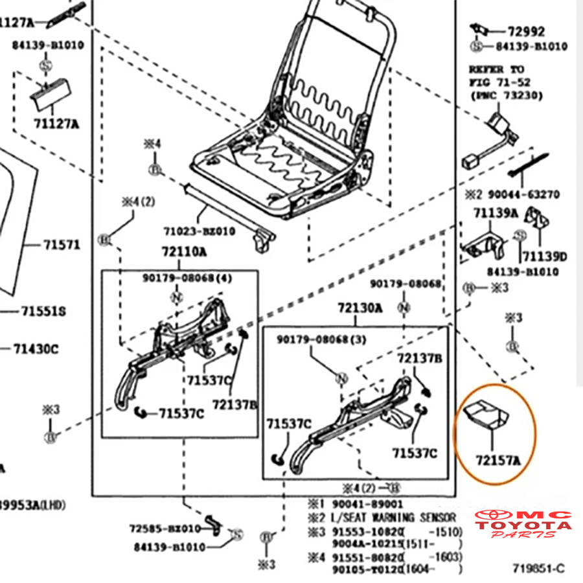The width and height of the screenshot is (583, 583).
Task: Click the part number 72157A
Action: [x=499, y=461]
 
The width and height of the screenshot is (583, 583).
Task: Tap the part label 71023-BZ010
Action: [x=199, y=231]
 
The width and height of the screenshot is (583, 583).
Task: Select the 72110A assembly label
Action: [x=184, y=251]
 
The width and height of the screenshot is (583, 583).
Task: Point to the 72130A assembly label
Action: [x=360, y=308]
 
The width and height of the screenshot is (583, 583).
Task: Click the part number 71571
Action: [x=62, y=245]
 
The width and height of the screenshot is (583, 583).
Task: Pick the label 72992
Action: [x=526, y=31]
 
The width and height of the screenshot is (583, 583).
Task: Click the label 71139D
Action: [x=544, y=257]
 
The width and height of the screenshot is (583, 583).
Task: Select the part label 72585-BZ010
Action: [x=165, y=528]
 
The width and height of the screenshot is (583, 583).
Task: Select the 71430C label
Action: [x=36, y=349]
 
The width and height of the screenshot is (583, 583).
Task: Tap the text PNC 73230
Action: [x=507, y=96]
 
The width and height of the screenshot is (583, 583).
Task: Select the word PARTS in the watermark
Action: [x=523, y=534]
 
